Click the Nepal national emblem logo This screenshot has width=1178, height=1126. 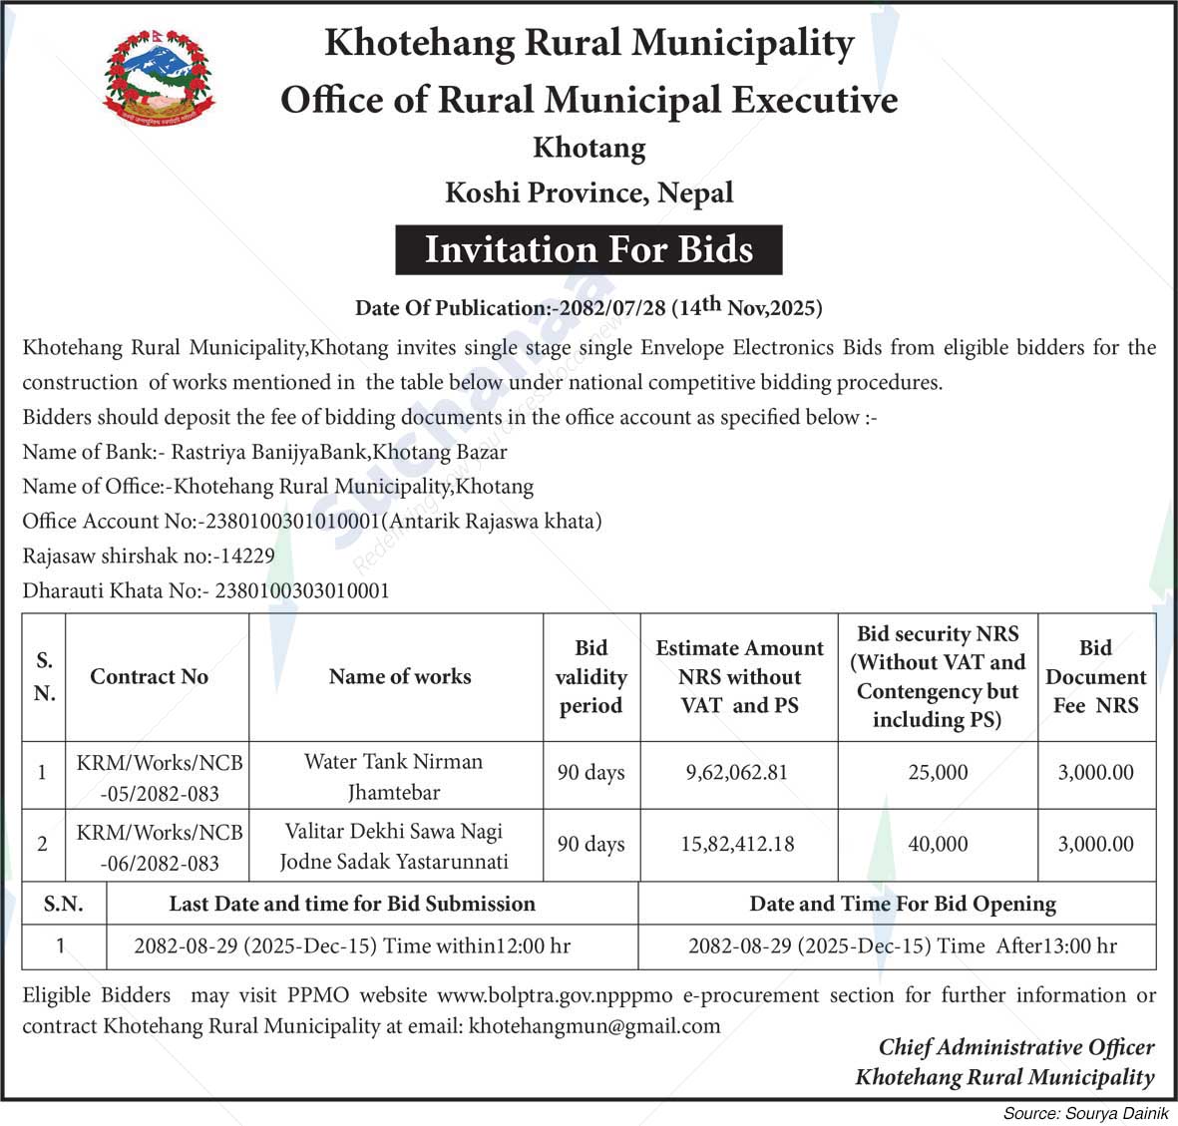[159, 79]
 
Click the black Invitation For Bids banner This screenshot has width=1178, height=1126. [589, 249]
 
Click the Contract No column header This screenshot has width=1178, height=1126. [150, 676]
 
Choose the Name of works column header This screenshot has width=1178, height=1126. [399, 676]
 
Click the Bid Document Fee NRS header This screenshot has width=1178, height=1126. [1095, 676]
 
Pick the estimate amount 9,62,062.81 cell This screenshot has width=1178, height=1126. [737, 773]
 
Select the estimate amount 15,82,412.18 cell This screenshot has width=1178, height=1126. [737, 844]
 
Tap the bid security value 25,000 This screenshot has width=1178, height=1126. [938, 773]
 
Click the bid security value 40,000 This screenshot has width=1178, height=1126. [938, 844]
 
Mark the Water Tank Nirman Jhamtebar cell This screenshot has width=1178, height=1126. [394, 776]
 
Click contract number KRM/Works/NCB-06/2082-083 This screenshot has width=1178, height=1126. [160, 847]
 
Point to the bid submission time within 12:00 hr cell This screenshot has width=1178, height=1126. [352, 945]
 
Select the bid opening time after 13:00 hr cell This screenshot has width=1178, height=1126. [902, 945]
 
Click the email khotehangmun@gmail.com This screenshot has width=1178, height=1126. [594, 1025]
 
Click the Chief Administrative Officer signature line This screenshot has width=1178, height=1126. [1015, 1047]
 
